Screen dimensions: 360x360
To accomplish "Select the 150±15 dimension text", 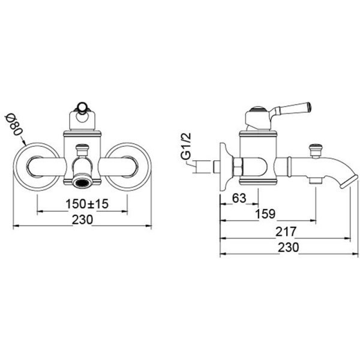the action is [x=87, y=203].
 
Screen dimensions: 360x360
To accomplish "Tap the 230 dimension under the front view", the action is [x=82, y=220].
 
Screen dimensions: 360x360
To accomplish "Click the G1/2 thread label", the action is [x=186, y=146].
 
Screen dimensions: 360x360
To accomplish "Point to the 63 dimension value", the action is [x=239, y=198].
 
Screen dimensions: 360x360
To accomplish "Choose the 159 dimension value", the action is [x=265, y=214].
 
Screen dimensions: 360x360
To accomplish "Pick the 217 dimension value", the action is [x=286, y=232].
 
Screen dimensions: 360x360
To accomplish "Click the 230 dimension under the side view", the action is [x=289, y=247].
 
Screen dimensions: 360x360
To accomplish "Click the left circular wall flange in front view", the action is [x=16, y=167].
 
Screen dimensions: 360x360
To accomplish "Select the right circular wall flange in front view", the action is [x=149, y=167].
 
